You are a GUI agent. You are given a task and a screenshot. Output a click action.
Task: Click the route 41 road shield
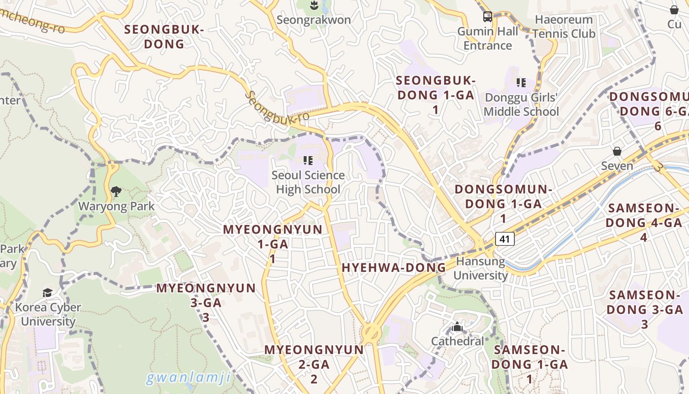pos(504,239)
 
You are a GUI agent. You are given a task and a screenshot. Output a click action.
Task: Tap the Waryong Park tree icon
pos(116,192)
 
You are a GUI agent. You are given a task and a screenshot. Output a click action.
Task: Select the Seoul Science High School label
pos(308,182)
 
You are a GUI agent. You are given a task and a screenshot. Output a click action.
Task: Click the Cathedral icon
pos(457,327)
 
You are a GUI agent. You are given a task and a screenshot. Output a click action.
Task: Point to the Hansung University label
pos(480,268)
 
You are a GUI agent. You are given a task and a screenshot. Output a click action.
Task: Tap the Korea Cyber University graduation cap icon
pos(47,293)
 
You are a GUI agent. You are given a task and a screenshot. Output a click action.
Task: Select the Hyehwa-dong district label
pos(394,268)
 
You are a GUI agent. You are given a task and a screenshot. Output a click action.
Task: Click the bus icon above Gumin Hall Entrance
pos(487,17)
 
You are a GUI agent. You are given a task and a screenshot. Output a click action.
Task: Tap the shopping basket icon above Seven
pos(617,151)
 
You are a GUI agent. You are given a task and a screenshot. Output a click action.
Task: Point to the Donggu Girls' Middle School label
pos(521,104)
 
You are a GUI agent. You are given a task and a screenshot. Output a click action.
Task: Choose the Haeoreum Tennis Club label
pos(564,27)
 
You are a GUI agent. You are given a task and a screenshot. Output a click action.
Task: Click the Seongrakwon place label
pos(313,20)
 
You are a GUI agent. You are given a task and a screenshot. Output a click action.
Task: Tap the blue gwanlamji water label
pos(188,378)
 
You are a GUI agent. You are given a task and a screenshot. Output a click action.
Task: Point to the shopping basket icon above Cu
pos(674,9)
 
